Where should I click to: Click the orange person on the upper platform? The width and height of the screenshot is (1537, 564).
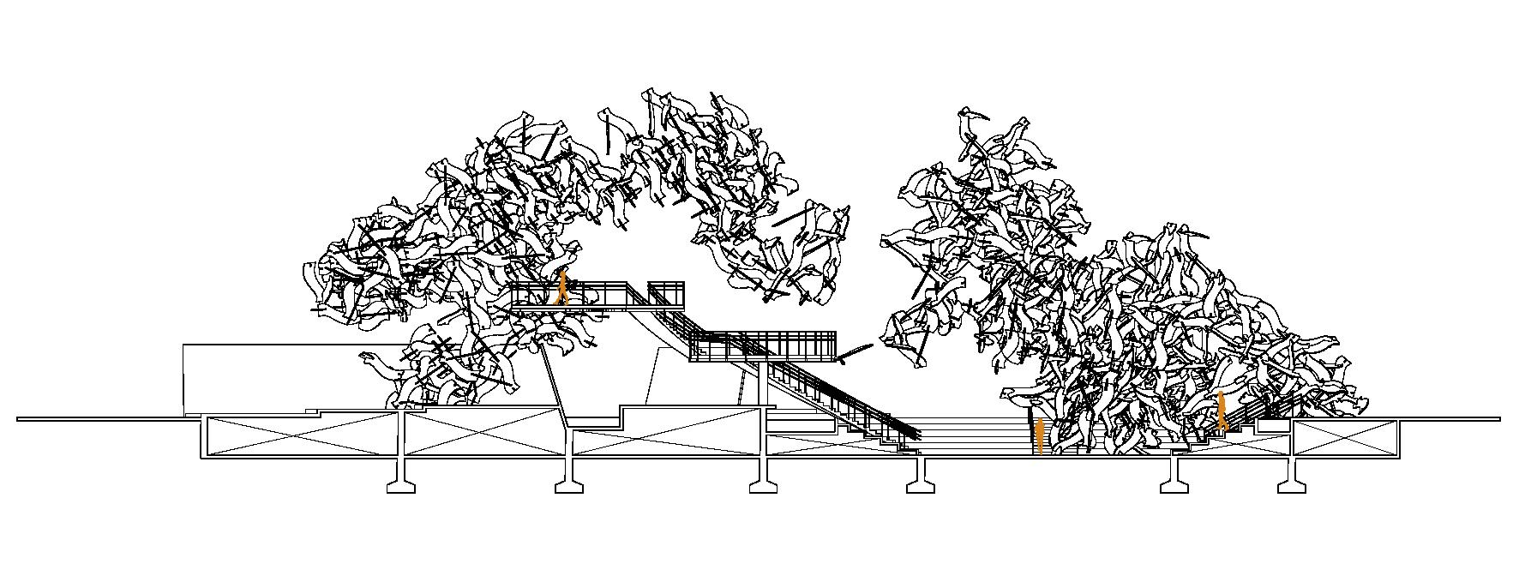pyautogui.click(x=562, y=288)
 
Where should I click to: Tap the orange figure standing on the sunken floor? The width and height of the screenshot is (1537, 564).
pyautogui.click(x=1039, y=435)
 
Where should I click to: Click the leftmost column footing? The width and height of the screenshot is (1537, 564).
pyautogui.click(x=401, y=486)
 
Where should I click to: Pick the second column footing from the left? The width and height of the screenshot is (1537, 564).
pyautogui.click(x=569, y=486)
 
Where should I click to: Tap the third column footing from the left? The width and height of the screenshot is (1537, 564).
pyautogui.click(x=763, y=486)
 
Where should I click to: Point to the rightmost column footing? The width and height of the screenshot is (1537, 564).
pyautogui.click(x=1291, y=486)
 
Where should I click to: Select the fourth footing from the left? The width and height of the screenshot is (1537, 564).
pyautogui.click(x=921, y=486)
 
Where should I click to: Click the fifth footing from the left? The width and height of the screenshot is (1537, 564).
pyautogui.click(x=1174, y=486)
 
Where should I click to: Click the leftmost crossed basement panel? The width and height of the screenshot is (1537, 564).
pyautogui.click(x=302, y=435)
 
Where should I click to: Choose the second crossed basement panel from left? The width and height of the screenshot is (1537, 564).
pyautogui.click(x=484, y=434)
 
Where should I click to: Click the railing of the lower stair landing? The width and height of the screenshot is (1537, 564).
pyautogui.click(x=763, y=345)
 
